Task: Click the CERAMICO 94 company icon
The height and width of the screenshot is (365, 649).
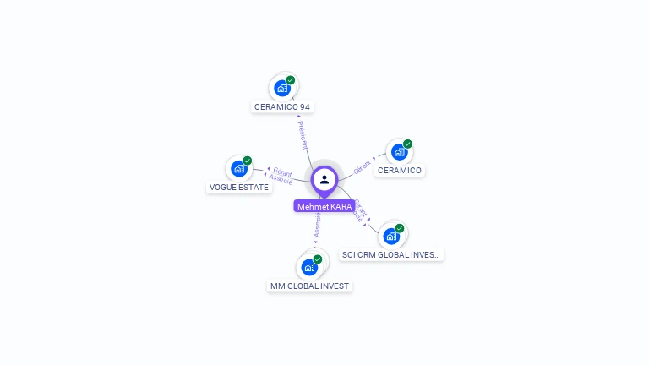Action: tap(282, 88)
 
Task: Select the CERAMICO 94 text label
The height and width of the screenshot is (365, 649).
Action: tap(282, 107)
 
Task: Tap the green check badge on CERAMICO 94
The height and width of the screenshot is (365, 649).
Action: tap(291, 80)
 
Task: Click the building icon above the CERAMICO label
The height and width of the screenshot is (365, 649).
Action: tap(399, 152)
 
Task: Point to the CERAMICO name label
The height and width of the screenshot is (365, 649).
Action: tap(400, 171)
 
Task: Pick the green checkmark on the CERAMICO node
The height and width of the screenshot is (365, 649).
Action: tap(407, 144)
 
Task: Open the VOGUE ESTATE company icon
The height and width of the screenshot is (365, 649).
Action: tap(239, 168)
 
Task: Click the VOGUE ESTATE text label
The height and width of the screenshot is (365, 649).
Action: tap(239, 188)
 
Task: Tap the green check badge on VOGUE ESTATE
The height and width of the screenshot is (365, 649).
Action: tap(248, 161)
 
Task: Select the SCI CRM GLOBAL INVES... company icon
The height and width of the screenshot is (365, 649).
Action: tap(391, 236)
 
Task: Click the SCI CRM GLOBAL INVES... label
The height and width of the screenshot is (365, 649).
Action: tap(391, 254)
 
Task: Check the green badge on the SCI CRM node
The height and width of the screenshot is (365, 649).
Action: tap(400, 228)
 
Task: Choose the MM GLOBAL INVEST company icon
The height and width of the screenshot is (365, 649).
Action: tap(309, 267)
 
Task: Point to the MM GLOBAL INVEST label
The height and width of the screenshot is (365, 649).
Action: tap(309, 286)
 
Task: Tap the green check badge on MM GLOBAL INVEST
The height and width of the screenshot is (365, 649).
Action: tap(318, 259)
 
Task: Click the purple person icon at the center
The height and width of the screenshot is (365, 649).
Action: tap(324, 179)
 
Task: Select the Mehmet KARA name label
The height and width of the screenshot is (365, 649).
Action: tap(324, 206)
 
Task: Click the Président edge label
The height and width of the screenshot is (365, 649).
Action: tap(303, 134)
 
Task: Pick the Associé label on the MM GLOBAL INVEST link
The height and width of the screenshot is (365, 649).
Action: tap(317, 226)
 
